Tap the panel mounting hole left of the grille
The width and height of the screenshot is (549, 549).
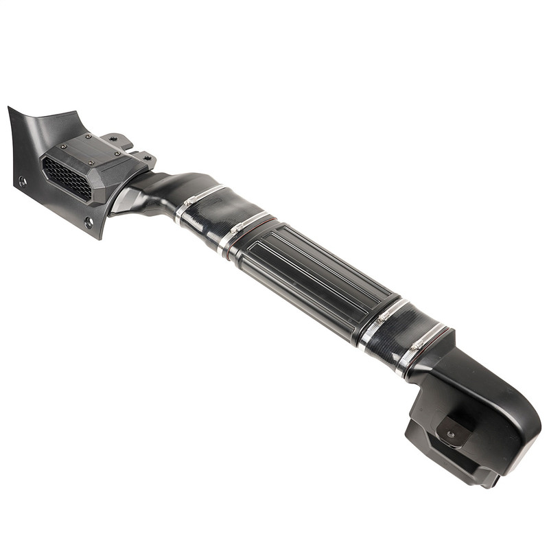23,182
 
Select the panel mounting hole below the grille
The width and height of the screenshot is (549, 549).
88,222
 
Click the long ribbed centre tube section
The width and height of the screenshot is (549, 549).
309,274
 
